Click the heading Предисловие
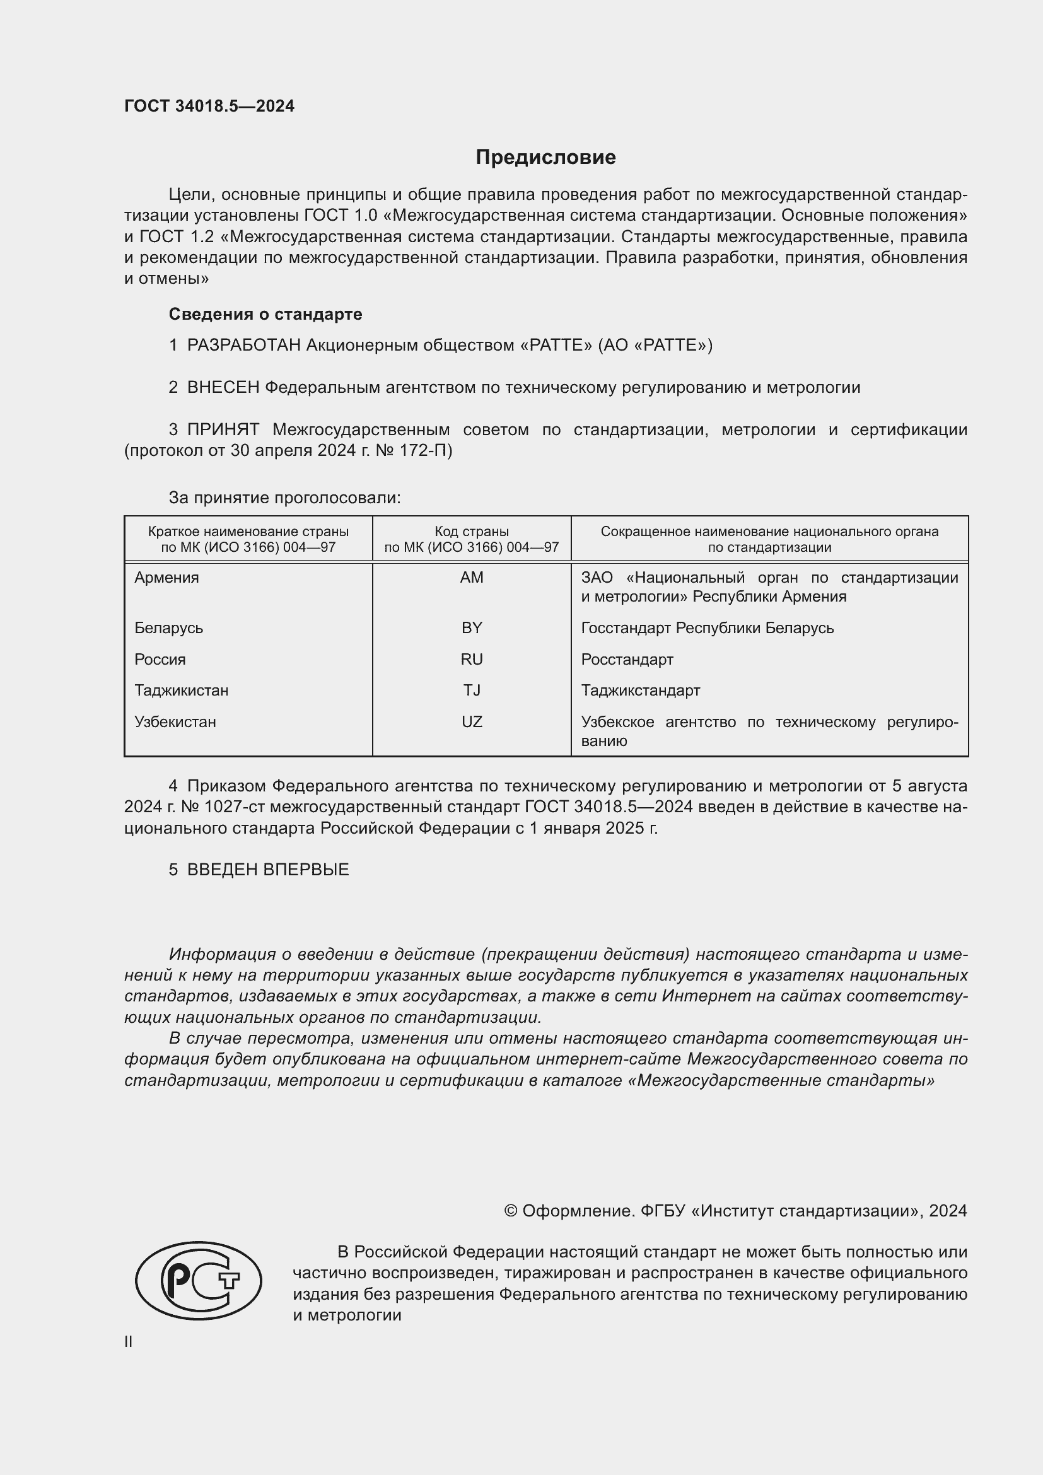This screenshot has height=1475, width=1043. [545, 158]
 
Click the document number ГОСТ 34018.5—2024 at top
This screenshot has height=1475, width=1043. [209, 106]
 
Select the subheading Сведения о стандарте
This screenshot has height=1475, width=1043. [265, 314]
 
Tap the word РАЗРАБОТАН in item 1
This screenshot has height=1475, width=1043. [244, 346]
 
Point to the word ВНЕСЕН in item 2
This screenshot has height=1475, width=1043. [223, 387]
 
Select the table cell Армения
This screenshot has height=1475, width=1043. [167, 578]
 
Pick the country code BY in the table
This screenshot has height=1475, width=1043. [472, 627]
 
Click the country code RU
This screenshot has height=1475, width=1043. [472, 659]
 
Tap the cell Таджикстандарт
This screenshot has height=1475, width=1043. [640, 691]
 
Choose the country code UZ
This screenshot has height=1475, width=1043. [472, 722]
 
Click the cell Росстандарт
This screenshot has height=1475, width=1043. [627, 659]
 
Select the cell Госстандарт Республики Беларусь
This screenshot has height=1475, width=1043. [707, 627]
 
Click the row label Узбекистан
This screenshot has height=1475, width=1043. [175, 722]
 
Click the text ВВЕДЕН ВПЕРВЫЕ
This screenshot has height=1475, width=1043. [268, 870]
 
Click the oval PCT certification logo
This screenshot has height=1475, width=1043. [199, 1280]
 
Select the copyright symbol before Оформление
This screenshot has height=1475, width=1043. [511, 1211]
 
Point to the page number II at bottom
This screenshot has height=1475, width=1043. [129, 1341]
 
